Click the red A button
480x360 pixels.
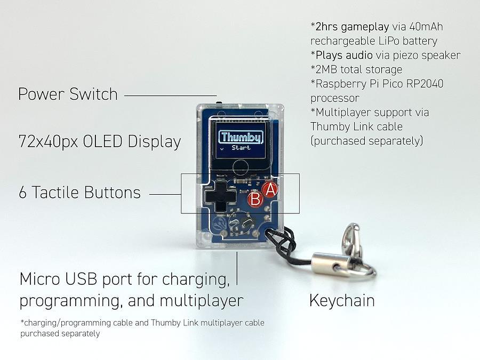(x=270, y=190)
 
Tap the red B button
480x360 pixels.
(x=255, y=199)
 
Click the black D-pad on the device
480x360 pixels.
(x=220, y=196)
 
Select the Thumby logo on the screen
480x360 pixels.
(x=241, y=137)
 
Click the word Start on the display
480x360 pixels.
(x=241, y=148)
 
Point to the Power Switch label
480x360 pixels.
(x=68, y=94)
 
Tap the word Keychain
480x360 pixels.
(x=342, y=300)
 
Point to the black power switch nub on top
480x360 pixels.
(x=219, y=102)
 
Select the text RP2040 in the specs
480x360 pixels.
(x=425, y=84)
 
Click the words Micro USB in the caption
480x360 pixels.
(x=58, y=278)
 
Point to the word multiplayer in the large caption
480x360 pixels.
(x=202, y=301)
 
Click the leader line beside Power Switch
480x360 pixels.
(x=171, y=95)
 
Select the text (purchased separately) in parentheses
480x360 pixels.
(x=367, y=141)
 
